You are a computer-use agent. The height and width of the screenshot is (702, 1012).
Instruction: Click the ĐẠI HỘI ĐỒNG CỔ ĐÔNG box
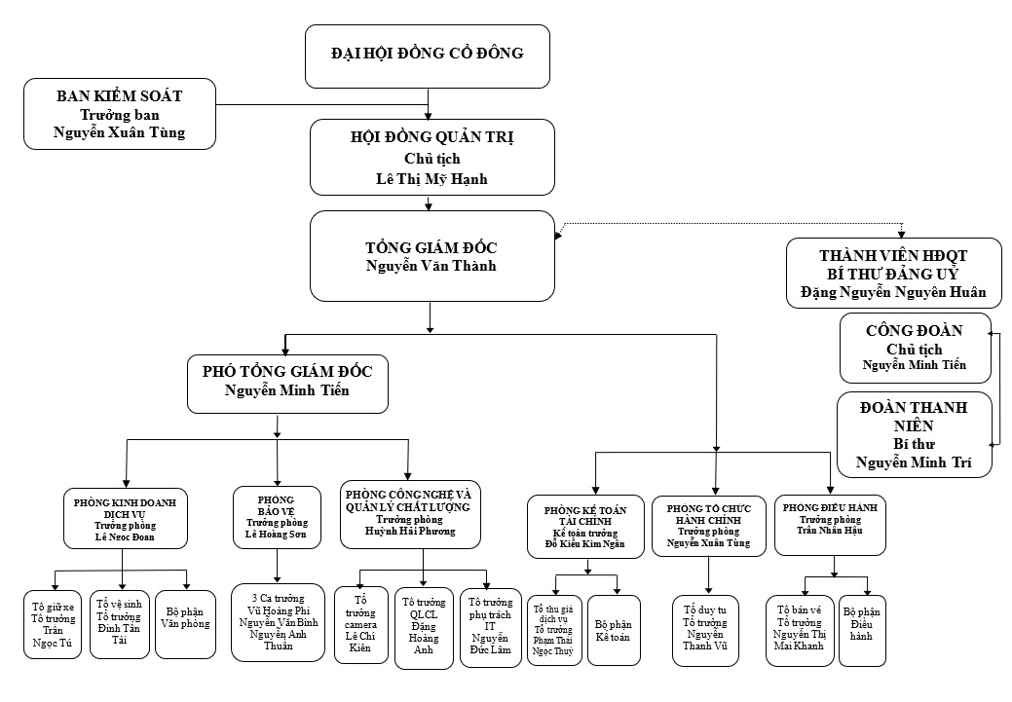(427, 56)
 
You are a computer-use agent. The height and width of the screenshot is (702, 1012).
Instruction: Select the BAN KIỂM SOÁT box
(119, 113)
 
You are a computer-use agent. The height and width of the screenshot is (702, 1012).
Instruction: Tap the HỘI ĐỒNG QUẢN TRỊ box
(431, 158)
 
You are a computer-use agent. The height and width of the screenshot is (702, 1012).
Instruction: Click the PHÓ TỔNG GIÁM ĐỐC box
(288, 382)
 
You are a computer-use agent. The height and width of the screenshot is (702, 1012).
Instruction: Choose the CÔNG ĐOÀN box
(916, 348)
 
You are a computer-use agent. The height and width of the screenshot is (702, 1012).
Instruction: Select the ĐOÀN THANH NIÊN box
(916, 434)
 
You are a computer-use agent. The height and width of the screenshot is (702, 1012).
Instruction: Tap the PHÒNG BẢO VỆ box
(277, 518)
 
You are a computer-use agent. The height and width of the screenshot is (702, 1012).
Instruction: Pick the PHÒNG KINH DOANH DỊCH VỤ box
(125, 518)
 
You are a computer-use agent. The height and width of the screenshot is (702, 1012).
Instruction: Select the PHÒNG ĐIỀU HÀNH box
(832, 526)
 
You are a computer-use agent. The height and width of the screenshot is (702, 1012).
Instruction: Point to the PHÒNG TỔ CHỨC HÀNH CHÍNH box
(709, 526)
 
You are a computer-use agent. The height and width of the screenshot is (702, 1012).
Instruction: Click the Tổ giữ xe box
(53, 624)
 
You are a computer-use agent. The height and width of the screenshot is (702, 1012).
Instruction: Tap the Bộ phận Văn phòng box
(185, 624)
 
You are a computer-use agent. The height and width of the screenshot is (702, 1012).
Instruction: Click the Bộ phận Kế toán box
(614, 630)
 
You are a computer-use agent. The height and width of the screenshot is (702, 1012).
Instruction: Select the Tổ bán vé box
(800, 630)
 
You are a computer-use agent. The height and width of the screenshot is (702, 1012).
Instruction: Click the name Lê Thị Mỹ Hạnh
(431, 178)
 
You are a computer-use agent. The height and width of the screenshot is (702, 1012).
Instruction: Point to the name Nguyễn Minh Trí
(915, 462)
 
